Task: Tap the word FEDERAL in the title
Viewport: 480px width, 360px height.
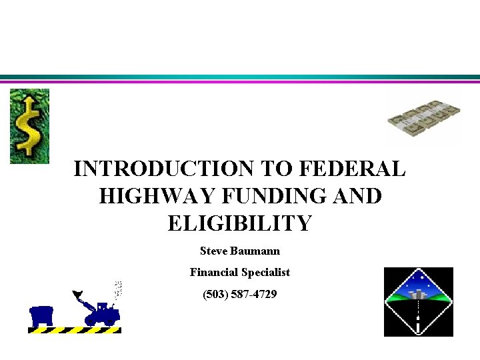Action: point(353,169)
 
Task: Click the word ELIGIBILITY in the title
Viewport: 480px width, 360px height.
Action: point(240,223)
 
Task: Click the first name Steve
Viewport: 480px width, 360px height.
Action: point(213,251)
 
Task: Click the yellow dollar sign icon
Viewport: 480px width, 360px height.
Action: point(29,126)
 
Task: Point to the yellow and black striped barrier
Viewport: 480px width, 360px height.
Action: point(75,330)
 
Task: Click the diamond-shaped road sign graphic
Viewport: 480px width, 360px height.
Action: point(418,302)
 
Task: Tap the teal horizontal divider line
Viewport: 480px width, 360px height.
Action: point(240,77)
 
